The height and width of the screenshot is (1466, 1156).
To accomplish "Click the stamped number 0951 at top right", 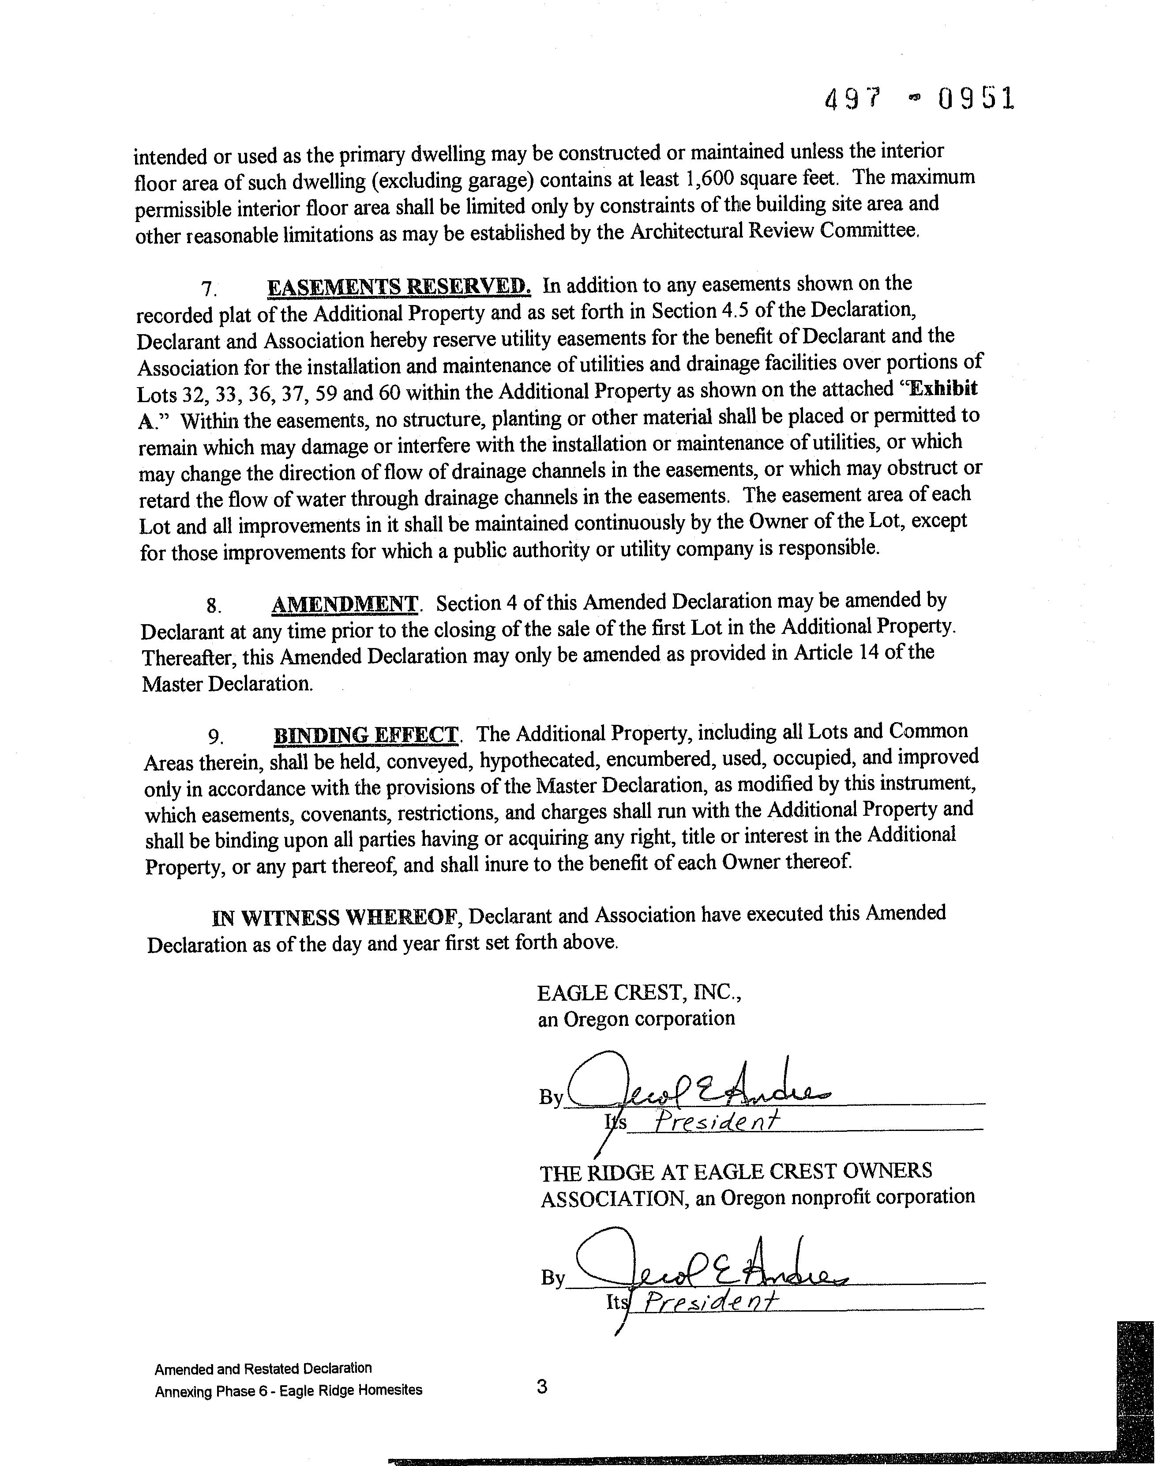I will [x=975, y=99].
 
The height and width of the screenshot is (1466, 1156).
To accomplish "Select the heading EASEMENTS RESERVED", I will [x=399, y=286].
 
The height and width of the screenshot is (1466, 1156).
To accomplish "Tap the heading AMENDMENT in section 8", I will [x=345, y=603].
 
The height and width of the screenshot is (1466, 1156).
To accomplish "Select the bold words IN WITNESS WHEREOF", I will [x=336, y=918].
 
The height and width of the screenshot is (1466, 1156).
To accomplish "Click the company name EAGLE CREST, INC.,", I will [x=640, y=993].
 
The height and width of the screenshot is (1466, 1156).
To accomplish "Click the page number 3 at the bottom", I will [x=541, y=1387].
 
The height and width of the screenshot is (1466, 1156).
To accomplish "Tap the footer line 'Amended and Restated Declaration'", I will [x=263, y=1368].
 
